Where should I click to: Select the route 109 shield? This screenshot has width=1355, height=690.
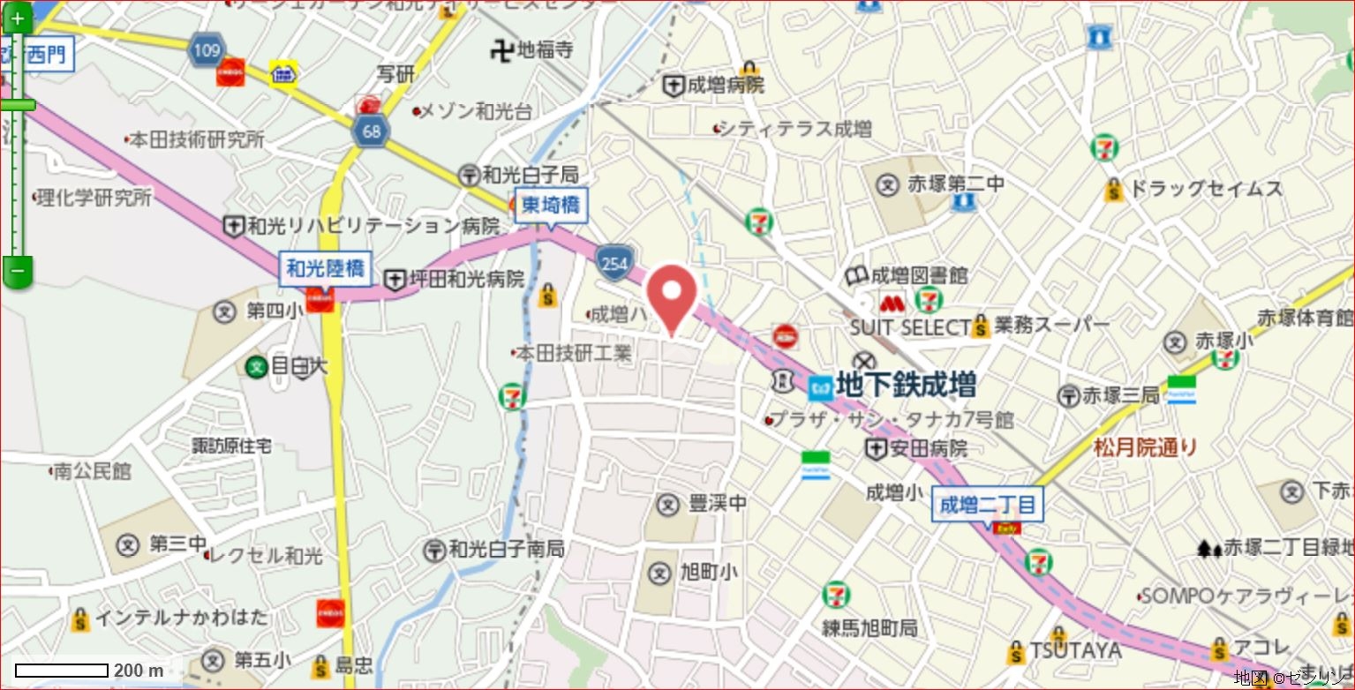pos(206,50)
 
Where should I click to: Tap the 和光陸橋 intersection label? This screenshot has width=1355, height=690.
pos(326,267)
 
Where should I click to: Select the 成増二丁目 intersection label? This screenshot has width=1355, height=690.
pos(989,506)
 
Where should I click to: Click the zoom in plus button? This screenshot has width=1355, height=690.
pos(17,18)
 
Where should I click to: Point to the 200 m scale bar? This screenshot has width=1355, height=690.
pos(62,671)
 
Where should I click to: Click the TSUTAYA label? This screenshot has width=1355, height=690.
pos(1074,651)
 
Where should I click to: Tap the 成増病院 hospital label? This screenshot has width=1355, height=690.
pos(726,86)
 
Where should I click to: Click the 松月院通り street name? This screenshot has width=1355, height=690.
pos(1145,447)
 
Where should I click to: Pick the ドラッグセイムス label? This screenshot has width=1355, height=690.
pos(1205,188)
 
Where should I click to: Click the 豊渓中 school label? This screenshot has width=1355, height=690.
pos(717,504)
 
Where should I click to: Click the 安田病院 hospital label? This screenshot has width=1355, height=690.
pos(928,449)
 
